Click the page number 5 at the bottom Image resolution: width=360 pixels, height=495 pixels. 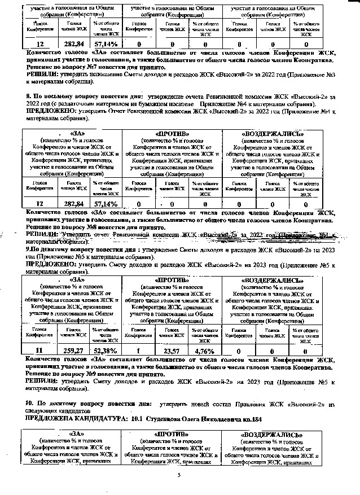[x=178, y=475]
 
